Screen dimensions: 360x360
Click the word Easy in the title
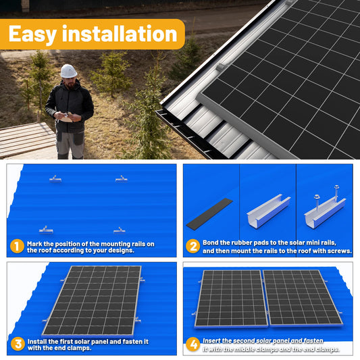34,33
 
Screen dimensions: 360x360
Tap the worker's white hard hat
68,71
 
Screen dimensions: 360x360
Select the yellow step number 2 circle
192,247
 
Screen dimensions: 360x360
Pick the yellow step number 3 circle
17,344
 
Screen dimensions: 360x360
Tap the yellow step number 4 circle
193,344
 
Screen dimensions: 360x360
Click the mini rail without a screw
268,211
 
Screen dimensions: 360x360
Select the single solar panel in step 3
93,300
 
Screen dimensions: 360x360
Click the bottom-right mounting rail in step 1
120,230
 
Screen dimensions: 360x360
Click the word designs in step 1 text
121,251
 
